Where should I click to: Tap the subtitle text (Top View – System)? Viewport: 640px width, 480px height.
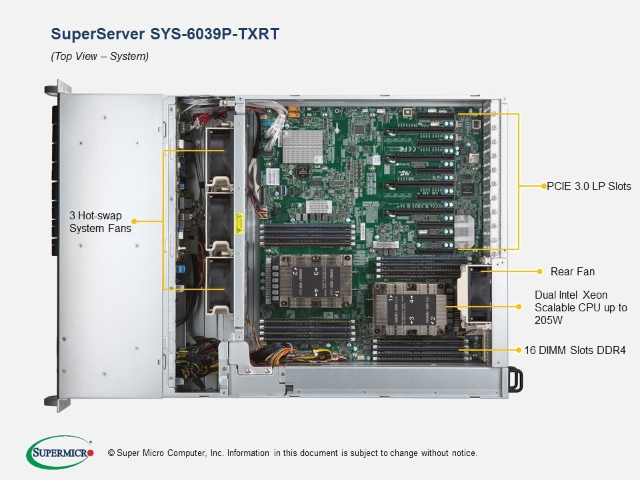click(x=100, y=57)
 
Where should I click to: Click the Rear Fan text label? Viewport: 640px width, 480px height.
click(x=572, y=271)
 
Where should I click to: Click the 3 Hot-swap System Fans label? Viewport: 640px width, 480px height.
click(x=100, y=222)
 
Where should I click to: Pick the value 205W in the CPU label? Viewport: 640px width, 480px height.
click(x=549, y=320)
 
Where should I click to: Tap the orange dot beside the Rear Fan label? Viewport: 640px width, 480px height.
click(x=539, y=271)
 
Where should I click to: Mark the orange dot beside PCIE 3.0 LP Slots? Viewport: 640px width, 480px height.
click(x=542, y=187)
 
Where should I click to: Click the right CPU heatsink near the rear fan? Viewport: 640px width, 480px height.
click(x=407, y=308)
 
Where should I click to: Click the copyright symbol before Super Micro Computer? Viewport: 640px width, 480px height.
click(x=111, y=453)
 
